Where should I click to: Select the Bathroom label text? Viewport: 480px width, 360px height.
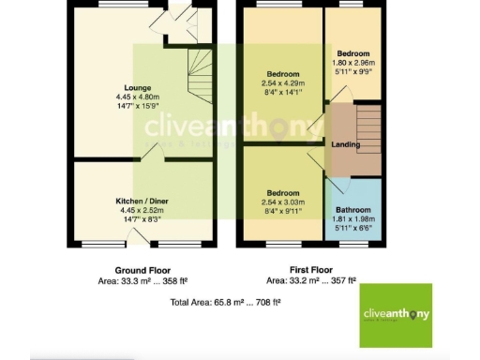point(353,211)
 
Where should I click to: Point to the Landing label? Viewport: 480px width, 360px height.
point(346,143)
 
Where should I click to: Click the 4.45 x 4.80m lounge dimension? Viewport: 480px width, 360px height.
point(138,97)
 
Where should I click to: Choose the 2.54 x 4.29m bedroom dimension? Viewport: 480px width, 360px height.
point(282,82)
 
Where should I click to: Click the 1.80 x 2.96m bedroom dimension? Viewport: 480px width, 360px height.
point(353,62)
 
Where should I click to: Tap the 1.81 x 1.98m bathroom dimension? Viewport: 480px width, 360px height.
point(353,219)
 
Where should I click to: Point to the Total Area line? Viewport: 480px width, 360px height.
point(226,303)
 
